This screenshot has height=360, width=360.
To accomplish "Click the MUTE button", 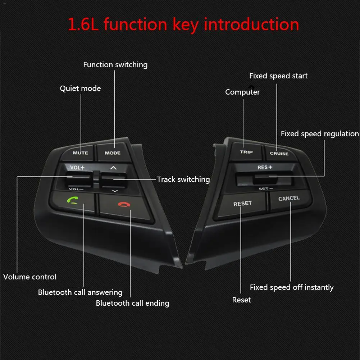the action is (78, 152).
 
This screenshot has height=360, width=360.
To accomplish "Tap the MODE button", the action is (113, 152).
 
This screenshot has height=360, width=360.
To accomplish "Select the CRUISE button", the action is (280, 153).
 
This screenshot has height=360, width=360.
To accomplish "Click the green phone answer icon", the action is (73, 200).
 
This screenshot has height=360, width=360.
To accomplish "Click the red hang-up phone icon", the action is (124, 204).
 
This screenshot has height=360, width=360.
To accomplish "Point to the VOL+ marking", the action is (77, 168).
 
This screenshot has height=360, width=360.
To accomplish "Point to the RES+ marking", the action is (265, 167).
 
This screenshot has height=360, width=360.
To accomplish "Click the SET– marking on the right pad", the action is (266, 189).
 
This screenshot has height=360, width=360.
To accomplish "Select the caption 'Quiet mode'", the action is (80, 88).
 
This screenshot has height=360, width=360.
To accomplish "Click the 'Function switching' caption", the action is (115, 65).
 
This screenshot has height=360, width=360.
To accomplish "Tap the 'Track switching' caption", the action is (183, 179).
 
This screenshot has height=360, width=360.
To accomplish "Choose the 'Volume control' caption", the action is (30, 277).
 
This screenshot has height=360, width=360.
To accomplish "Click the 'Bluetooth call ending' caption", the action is (132, 303).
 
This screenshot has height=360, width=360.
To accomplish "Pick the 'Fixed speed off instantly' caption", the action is (292, 287).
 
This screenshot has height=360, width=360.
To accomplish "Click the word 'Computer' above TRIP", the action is (242, 92).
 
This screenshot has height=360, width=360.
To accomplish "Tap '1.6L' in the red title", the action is (83, 24).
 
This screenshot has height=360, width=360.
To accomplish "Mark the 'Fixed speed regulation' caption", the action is (320, 134).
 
